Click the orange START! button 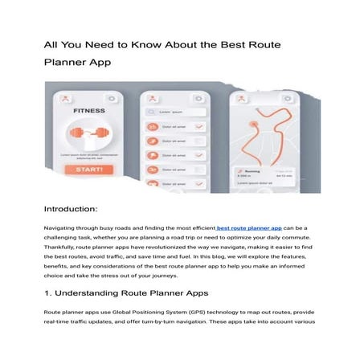click(88, 170)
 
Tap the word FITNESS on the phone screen click(89, 112)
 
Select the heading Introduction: click(71, 209)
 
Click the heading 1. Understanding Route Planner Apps click(126, 295)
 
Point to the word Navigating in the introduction click(63, 229)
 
